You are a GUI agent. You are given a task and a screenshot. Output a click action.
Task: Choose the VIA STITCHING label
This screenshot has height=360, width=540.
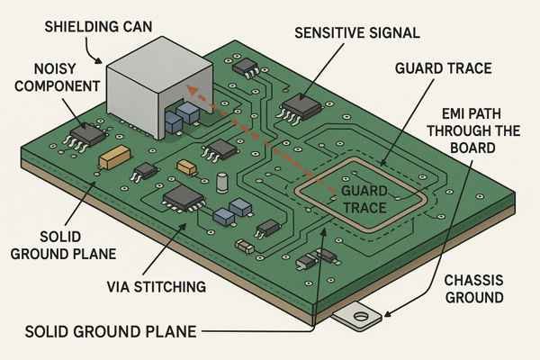point(155,287)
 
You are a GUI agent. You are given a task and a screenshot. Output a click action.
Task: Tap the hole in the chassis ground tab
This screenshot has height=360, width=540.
point(362,317)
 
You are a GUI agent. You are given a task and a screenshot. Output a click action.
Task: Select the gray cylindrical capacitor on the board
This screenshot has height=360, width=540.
point(222,183)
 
